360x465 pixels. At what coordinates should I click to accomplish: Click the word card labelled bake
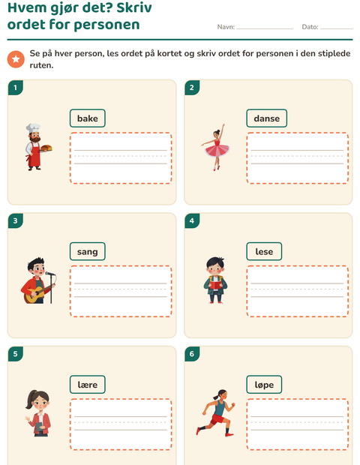pos(88,118)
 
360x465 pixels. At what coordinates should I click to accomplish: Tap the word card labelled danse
pos(266,118)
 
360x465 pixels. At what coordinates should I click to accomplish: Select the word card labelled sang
pos(88,251)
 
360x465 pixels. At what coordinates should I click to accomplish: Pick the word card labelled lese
pos(264,251)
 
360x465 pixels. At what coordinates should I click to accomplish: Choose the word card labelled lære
pos(88,385)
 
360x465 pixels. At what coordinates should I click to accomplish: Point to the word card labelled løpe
pos(264,385)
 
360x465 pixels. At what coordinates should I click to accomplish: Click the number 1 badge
pos(16,88)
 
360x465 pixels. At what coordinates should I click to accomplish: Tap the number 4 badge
pos(192,220)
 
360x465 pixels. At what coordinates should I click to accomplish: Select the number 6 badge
pos(192,354)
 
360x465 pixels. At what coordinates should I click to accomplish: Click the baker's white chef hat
pos(33,127)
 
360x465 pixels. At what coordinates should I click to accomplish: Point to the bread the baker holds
pos(46,148)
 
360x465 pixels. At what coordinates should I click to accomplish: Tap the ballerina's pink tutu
pos(217,150)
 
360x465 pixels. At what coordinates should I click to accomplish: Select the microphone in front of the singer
pos(49,274)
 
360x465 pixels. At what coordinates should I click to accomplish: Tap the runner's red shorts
pos(218,419)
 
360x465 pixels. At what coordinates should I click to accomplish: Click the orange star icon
pos(16,59)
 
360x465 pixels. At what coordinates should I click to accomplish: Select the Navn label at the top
pos(226,27)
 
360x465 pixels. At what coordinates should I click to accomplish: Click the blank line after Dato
pos(337,28)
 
